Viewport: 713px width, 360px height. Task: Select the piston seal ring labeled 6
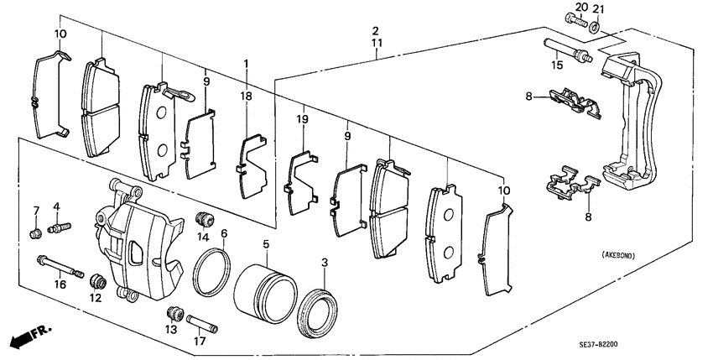(213, 273)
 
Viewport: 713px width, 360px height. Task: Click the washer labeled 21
(595, 29)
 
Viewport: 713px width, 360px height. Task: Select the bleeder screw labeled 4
(61, 227)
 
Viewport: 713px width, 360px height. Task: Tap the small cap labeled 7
(36, 232)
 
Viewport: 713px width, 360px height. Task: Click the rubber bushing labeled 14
(202, 219)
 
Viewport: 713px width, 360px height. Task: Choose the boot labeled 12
(96, 279)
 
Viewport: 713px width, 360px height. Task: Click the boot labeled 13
(174, 314)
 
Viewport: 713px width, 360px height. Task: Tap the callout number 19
(304, 120)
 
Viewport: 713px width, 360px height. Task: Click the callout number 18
(247, 97)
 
